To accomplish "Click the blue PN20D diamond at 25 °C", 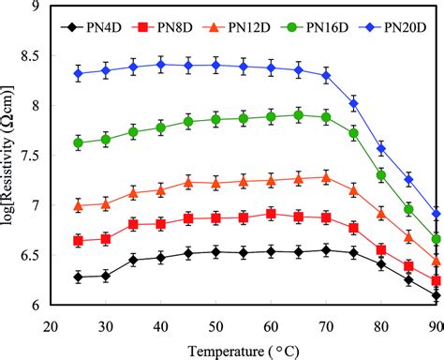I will pyautogui.click(x=79, y=73).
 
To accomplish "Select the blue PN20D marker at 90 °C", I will pyautogui.click(x=437, y=215).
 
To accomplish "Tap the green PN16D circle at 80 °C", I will pyautogui.click(x=381, y=175).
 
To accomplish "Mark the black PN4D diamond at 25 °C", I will pyautogui.click(x=79, y=277).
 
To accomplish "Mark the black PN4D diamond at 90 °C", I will pyautogui.click(x=437, y=296).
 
